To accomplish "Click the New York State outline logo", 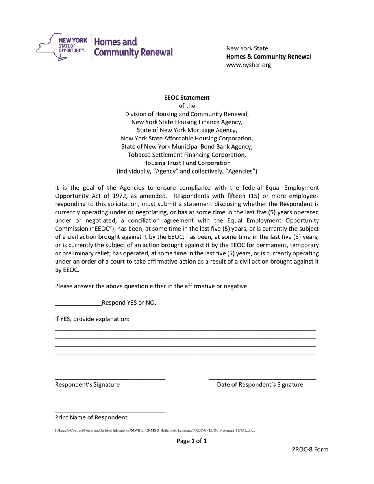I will click(x=61, y=46).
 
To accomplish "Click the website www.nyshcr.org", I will click(x=248, y=65).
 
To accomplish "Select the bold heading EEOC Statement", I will click(x=187, y=98).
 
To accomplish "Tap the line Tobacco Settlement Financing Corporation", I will click(x=187, y=155).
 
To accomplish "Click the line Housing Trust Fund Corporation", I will click(x=187, y=163).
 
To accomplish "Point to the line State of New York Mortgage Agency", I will click(x=187, y=130).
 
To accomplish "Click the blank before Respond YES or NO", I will click(x=78, y=303).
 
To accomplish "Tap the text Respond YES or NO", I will click(x=129, y=303).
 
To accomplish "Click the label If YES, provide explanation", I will click(x=92, y=319).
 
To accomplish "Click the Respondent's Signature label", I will click(x=87, y=384).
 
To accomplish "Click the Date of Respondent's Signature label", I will click(x=260, y=384).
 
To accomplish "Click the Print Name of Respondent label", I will click(x=91, y=417).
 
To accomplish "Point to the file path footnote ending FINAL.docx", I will click(x=155, y=430).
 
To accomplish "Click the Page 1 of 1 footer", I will click(x=191, y=441).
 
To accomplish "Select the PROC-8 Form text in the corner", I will click(x=310, y=449).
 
